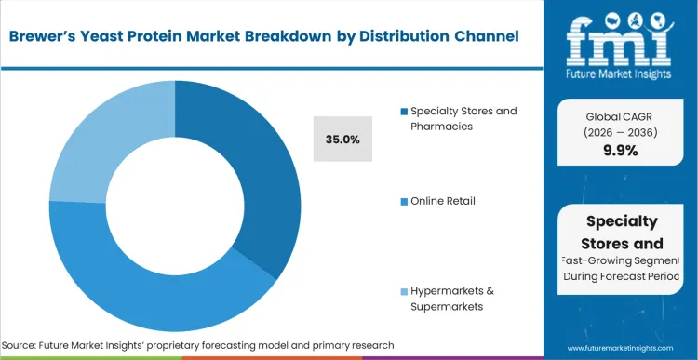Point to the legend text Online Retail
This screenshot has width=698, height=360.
coord(443,201)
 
